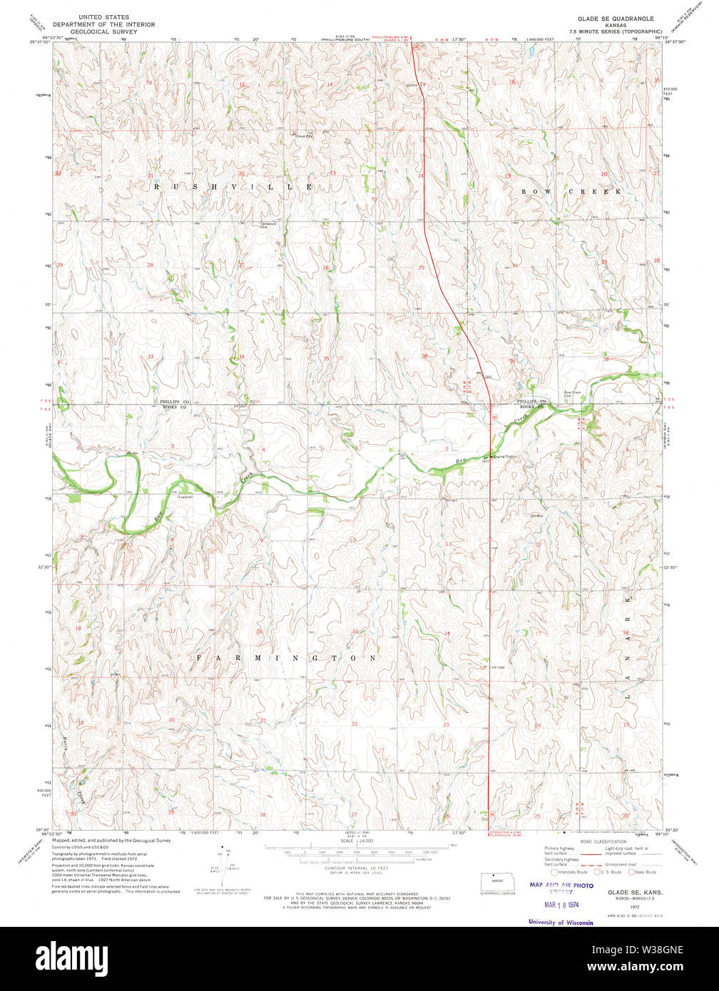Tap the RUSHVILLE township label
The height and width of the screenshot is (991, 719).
point(233,187)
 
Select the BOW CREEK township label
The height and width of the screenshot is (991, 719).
point(571,192)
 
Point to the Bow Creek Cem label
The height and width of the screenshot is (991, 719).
point(573,394)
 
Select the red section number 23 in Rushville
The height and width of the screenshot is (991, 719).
point(332,173)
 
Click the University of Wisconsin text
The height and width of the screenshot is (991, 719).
point(561,922)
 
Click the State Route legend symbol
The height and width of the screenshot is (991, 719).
point(631,871)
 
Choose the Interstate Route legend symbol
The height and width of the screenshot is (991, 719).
point(555,871)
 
